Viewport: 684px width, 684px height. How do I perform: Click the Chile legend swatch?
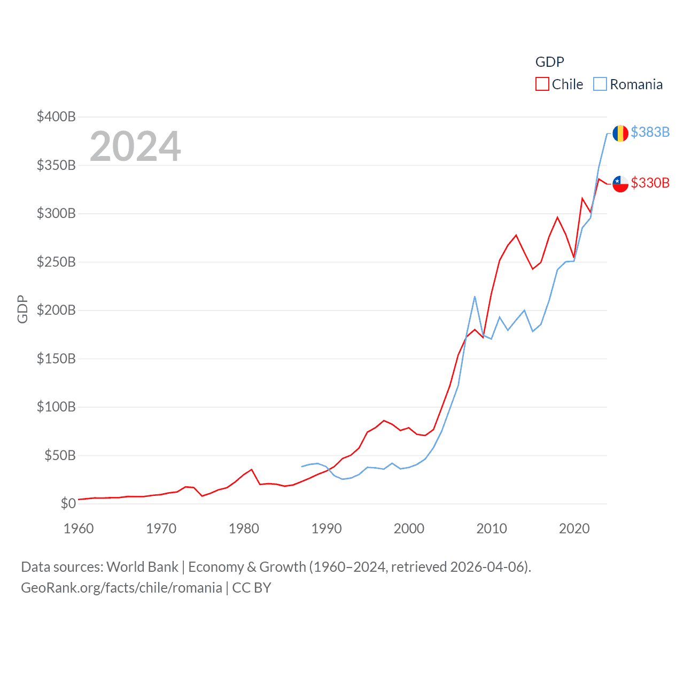coord(542,84)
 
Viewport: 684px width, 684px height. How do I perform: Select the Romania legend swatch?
coord(600,84)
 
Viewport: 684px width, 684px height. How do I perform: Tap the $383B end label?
coord(650,132)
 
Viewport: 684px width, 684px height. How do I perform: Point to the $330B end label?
coord(650,183)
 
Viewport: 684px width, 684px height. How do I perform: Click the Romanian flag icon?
coord(620,133)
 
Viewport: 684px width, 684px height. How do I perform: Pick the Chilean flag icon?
coord(620,184)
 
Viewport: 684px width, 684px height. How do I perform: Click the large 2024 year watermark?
coord(135,146)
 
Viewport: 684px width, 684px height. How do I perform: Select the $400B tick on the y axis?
coord(56,116)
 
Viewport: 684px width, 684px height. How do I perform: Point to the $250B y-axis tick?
coord(56,262)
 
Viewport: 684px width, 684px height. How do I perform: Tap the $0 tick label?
coord(68,503)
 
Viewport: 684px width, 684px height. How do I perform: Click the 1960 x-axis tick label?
coord(79,528)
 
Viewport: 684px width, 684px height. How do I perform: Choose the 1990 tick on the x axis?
coord(327,528)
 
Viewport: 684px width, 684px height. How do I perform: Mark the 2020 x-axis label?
coord(574,528)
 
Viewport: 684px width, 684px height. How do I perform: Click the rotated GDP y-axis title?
coord(22,309)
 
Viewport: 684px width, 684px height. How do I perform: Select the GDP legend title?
coord(549,62)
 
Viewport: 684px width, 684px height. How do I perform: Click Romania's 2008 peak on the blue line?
coord(475,297)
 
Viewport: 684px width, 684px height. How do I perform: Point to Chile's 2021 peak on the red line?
coord(582,198)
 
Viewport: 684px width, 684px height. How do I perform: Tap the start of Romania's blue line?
coord(302,467)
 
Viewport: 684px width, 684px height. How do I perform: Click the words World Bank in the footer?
coord(142,566)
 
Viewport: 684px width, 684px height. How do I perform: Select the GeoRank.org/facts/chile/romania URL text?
coord(121,588)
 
